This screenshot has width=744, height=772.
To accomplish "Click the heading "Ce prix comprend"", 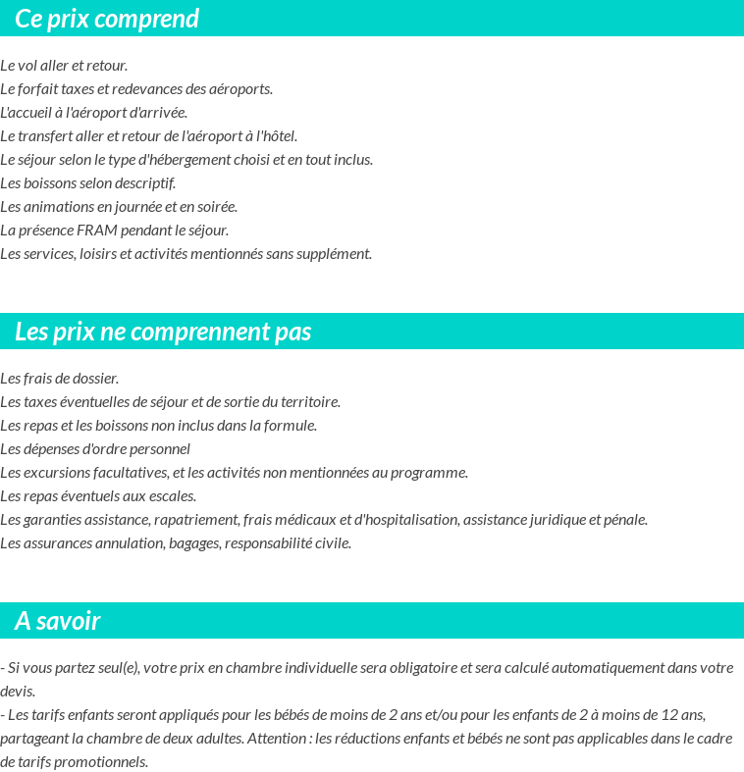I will point(107,19).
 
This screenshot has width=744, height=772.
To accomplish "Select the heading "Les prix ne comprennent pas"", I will point(163,332).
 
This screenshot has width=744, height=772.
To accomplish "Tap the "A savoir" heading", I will point(58,621).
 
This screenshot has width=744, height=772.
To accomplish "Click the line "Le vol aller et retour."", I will point(64,66).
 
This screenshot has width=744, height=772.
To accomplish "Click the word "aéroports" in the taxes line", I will point(240,89).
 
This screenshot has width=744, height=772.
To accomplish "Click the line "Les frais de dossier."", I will point(60,379).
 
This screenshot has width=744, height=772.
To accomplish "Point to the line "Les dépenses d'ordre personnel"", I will point(95,449).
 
